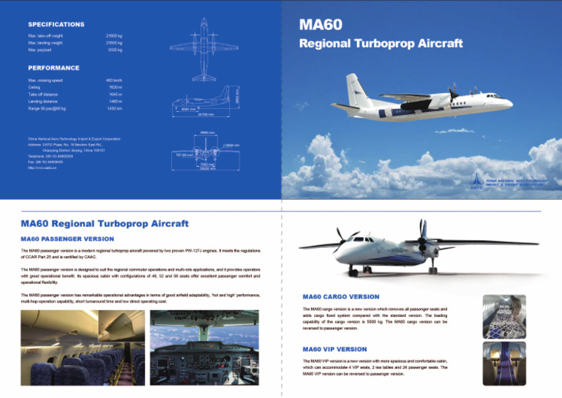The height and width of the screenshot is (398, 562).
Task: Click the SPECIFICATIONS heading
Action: point(56,25)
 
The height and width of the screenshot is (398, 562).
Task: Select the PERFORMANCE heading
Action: point(53,67)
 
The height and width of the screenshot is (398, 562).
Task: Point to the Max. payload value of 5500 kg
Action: point(115,50)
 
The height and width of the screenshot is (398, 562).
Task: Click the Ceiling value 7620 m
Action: point(114,87)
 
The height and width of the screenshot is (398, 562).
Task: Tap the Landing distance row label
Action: point(45,102)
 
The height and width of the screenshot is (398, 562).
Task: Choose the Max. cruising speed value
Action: point(113,80)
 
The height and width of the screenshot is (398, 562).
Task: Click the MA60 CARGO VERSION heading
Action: point(340,296)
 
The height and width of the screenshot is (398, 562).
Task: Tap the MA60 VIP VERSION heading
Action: point(336,349)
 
